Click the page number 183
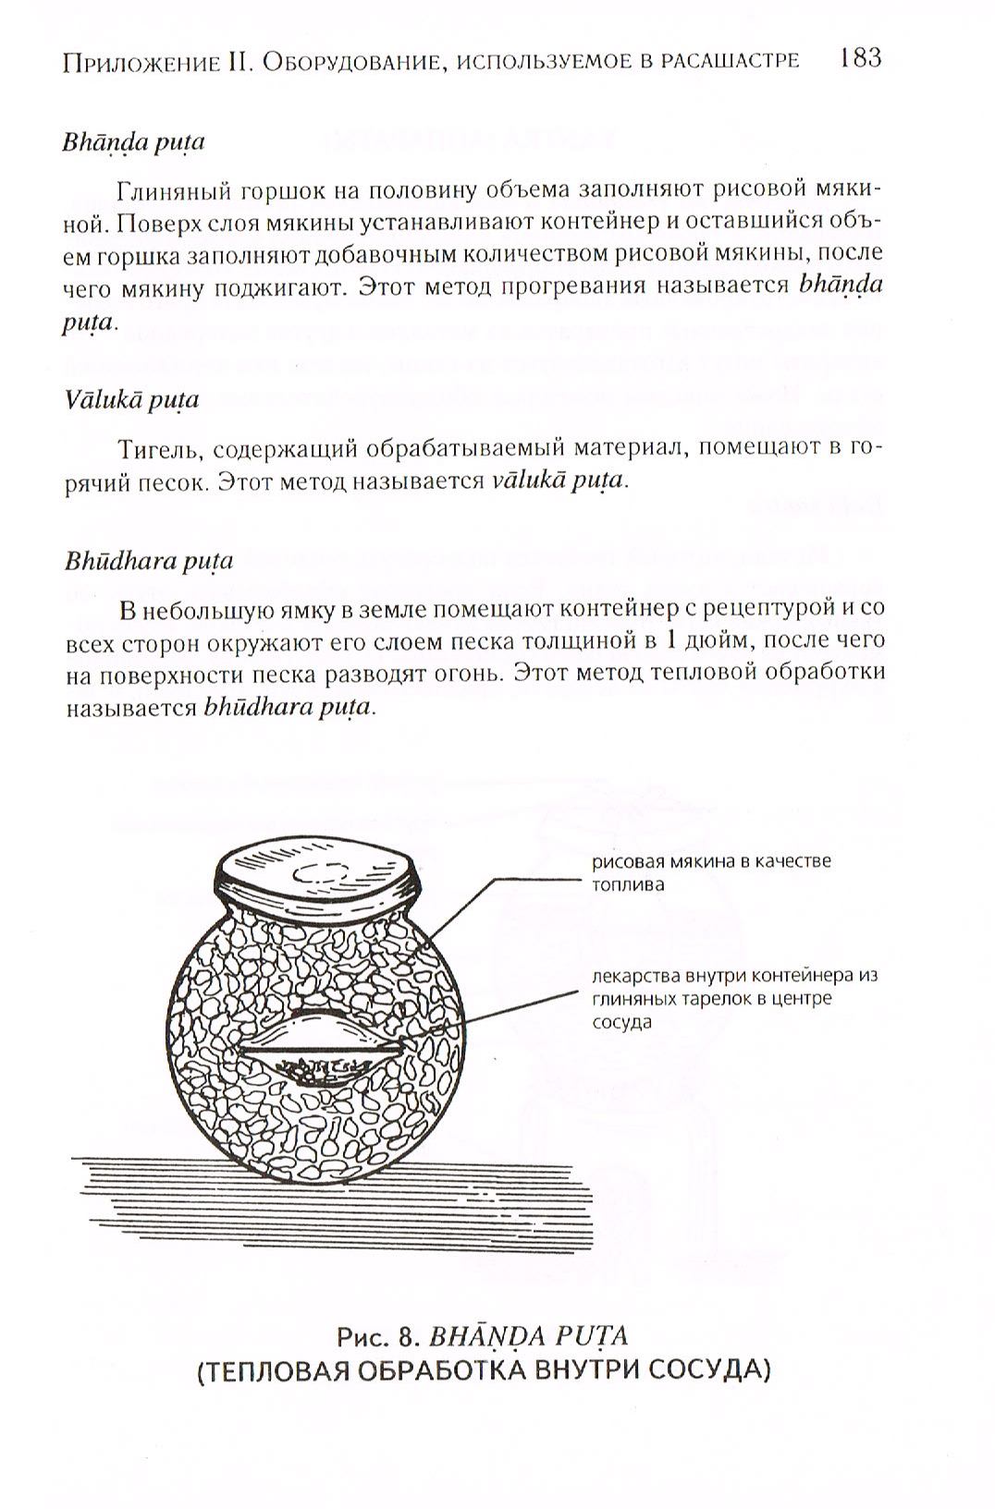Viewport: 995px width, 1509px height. (861, 59)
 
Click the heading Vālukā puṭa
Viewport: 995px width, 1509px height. (131, 400)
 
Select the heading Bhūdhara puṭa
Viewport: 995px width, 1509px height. (148, 562)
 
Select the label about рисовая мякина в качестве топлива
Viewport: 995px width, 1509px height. (711, 871)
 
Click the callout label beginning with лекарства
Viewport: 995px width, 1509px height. (733, 999)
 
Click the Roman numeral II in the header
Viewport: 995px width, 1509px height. (238, 62)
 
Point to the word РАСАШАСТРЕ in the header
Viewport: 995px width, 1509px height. (726, 62)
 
